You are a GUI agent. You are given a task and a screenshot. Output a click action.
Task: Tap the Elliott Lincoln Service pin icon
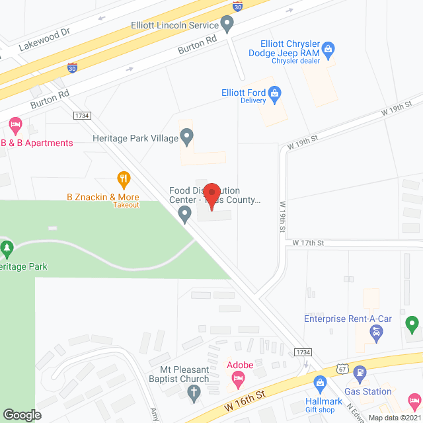[227, 26]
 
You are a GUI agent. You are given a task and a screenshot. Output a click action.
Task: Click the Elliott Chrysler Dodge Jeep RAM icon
[328, 48]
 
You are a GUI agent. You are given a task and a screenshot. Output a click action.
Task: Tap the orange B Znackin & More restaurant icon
[122, 178]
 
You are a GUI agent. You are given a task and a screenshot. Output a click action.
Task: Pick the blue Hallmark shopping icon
[321, 383]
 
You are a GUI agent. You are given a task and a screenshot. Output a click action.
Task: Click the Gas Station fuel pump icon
[360, 373]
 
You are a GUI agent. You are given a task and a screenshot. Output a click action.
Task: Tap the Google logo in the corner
[22, 414]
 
